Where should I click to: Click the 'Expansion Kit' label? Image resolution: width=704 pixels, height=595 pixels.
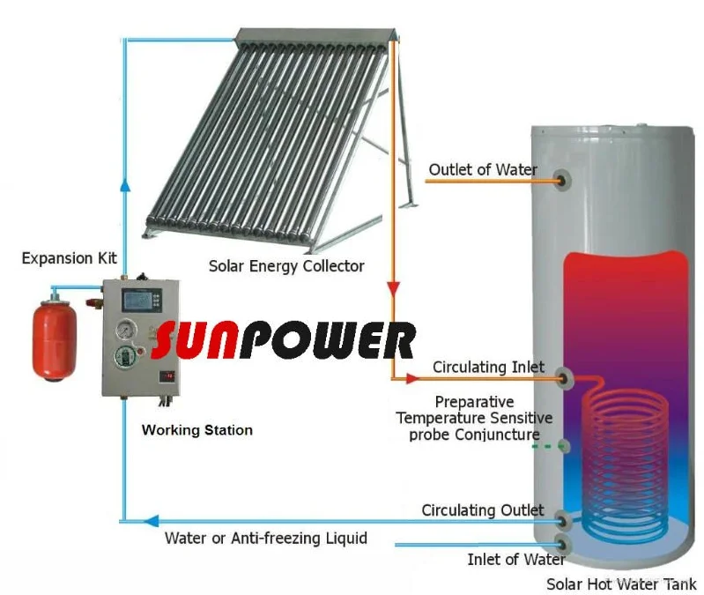70,258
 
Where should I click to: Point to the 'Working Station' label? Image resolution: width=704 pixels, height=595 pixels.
197,430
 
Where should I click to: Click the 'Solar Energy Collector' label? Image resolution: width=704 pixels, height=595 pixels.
286,265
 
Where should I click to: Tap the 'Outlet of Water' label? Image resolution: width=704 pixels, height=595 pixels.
482,168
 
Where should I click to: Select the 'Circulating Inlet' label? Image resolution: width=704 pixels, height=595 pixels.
488,367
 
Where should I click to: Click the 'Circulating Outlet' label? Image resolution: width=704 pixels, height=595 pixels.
482,510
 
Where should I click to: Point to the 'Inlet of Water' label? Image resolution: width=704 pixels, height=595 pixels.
515,559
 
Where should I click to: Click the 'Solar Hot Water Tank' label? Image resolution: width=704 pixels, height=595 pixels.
621,584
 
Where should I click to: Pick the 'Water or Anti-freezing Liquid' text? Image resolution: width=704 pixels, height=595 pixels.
265,537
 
